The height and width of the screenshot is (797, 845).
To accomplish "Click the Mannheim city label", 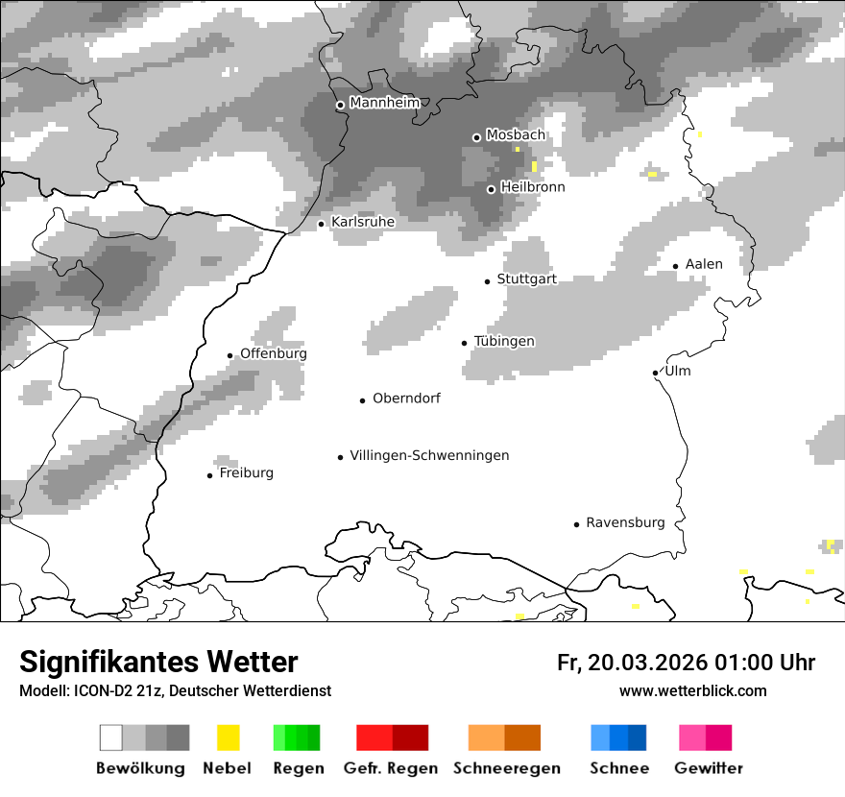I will [384, 103].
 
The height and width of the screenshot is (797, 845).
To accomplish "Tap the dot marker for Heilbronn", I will [491, 189].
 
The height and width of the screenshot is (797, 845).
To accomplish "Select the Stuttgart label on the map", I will [526, 279].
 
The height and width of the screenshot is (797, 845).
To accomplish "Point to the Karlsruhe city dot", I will [322, 224].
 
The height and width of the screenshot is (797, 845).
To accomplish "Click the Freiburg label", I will [246, 473].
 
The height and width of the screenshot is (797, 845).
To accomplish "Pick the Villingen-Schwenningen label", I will [429, 456].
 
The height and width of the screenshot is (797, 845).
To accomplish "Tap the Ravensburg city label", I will [625, 523].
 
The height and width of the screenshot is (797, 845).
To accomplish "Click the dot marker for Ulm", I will [655, 373].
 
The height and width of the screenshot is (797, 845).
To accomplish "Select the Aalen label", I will [704, 264].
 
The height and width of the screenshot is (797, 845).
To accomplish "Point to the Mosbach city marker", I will [476, 137].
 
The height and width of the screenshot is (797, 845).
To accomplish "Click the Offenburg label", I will [274, 353].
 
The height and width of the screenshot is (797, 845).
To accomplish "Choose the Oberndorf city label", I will [406, 398].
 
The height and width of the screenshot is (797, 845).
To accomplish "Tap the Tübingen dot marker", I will [465, 343].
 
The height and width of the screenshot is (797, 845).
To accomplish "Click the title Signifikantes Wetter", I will [158, 662].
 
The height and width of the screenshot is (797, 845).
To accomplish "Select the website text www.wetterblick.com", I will [692, 691].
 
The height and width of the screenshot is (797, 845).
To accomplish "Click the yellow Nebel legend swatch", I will [228, 737].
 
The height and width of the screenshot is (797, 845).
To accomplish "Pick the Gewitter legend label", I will [708, 768].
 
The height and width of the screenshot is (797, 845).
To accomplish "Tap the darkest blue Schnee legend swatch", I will [637, 737].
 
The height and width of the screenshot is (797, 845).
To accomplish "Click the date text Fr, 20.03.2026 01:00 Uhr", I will [686, 663].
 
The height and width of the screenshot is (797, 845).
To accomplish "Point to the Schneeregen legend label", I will [506, 768].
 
